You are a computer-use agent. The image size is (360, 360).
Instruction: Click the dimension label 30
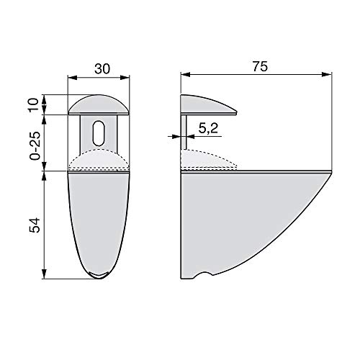click(102, 69)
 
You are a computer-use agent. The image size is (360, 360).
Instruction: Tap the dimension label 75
click(260, 66)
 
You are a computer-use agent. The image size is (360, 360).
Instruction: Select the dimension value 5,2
click(208, 128)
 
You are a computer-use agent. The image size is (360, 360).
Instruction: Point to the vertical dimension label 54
click(35, 225)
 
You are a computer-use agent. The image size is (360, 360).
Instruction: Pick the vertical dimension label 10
click(34, 104)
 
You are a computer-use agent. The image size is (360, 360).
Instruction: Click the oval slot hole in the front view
click(99, 132)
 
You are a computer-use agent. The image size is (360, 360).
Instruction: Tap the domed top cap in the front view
click(99, 105)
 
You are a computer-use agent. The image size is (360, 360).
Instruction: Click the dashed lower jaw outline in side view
click(209, 160)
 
